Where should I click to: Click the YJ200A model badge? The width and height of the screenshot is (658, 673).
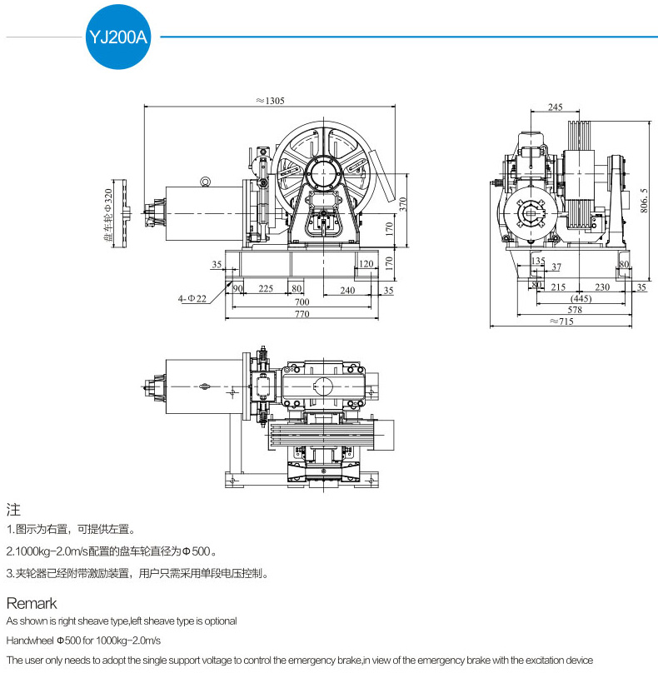117,36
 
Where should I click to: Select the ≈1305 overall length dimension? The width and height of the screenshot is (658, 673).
271,101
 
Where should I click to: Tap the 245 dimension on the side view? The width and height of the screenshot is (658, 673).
556,107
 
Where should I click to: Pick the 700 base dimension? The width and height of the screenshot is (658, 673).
302,302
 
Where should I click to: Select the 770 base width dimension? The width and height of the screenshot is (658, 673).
302,315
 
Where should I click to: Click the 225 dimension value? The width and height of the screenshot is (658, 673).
266,289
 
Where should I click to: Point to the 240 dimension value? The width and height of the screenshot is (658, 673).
347,289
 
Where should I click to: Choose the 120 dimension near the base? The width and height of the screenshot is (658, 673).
365,265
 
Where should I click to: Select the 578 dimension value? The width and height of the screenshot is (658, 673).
576,309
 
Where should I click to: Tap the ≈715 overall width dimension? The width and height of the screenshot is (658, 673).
566,321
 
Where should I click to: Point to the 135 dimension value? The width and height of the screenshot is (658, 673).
538,262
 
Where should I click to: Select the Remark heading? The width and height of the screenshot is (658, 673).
32,603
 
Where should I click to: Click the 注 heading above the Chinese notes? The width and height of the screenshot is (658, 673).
13,509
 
